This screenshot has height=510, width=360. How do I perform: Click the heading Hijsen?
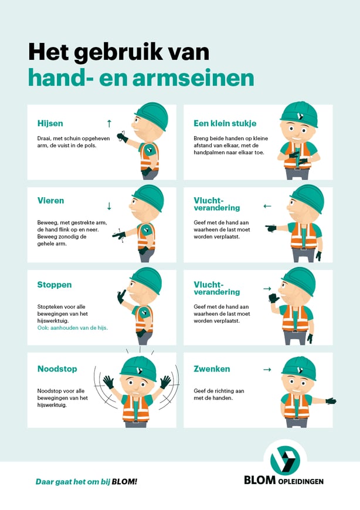(x=50, y=124)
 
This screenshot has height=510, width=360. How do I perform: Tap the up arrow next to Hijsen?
(x=108, y=123)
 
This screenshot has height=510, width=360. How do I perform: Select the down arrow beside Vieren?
(x=108, y=206)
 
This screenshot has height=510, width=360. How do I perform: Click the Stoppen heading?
(x=54, y=285)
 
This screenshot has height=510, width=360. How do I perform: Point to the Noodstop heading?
(x=57, y=369)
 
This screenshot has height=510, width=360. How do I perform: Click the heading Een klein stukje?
(x=225, y=124)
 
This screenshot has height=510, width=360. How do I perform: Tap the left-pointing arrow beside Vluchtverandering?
(x=267, y=206)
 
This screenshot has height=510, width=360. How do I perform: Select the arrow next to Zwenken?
(x=267, y=369)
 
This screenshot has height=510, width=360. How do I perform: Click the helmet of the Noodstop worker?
(x=139, y=367)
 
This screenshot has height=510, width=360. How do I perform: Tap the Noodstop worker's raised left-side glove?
(x=108, y=382)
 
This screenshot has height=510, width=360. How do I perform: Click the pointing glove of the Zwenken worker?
(x=331, y=401)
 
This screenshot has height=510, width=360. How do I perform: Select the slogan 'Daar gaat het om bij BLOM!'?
(x=86, y=482)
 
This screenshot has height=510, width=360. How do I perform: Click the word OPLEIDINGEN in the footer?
(x=300, y=481)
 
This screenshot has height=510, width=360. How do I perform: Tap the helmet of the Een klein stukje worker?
(x=298, y=114)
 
